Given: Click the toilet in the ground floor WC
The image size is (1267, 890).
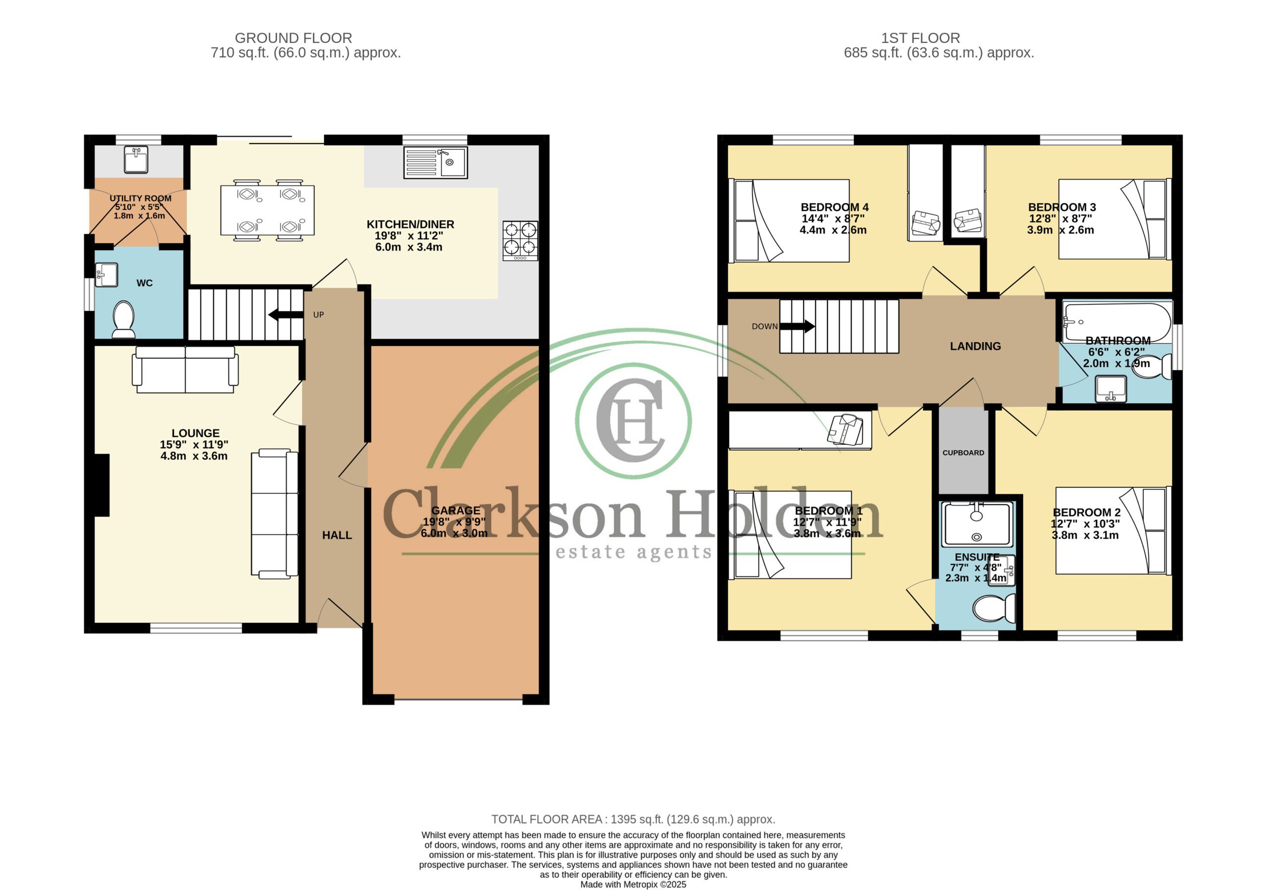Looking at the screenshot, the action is click(124, 320).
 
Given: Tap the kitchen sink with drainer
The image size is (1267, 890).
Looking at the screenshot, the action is click(436, 162).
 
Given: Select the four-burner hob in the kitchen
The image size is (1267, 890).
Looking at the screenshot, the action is click(520, 240).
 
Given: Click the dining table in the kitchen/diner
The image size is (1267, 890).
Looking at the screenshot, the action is click(267, 210).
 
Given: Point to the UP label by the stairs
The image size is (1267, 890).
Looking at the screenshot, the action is click(318, 315).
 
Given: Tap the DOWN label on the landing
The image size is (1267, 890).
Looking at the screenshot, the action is click(764, 326).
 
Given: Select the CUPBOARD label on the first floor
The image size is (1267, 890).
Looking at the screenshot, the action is click(963, 453).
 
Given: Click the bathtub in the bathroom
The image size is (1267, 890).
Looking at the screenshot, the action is click(1117, 322).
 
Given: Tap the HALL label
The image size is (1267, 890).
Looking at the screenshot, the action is click(337, 535).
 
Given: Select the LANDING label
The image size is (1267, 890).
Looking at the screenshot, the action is click(975, 346).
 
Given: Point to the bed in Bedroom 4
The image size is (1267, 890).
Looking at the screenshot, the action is click(789, 221).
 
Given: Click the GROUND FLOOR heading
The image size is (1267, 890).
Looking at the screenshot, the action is click(293, 38).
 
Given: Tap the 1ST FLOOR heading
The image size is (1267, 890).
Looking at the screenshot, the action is click(921, 38).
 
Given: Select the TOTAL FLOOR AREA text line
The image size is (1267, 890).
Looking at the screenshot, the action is click(633, 819).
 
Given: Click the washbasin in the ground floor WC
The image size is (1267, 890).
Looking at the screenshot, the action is click(106, 275).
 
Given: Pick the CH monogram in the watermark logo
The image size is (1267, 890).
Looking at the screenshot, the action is click(630, 420).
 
